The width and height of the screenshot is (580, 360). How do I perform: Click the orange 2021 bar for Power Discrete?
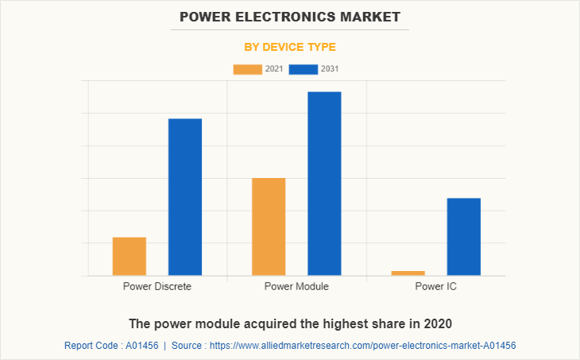pyautogui.click(x=130, y=256)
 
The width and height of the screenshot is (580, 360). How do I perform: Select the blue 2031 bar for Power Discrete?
pyautogui.click(x=185, y=197)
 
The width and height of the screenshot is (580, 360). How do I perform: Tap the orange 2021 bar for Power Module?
pyautogui.click(x=269, y=226)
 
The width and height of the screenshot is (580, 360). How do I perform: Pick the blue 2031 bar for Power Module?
pyautogui.click(x=324, y=184)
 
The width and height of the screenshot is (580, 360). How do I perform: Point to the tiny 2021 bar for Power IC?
pyautogui.click(x=408, y=273)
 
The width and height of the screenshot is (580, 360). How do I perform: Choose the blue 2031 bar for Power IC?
pyautogui.click(x=464, y=237)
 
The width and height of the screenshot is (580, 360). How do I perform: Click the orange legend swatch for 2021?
pyautogui.click(x=247, y=69)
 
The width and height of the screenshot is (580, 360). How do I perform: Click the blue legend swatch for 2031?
pyautogui.click(x=303, y=69)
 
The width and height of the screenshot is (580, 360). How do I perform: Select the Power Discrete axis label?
pyautogui.click(x=157, y=286)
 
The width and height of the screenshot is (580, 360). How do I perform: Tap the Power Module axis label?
pyautogui.click(x=296, y=286)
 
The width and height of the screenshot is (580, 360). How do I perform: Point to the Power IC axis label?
pyautogui.click(x=435, y=286)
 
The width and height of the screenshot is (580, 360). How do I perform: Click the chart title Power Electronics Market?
pyautogui.click(x=290, y=16)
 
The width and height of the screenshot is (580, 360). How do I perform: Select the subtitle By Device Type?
pyautogui.click(x=290, y=47)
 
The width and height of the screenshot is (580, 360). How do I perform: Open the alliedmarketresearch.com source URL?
pyautogui.click(x=365, y=346)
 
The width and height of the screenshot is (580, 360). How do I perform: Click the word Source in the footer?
pyautogui.click(x=188, y=346)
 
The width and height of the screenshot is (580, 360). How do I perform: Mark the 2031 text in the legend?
pyautogui.click(x=330, y=69)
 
